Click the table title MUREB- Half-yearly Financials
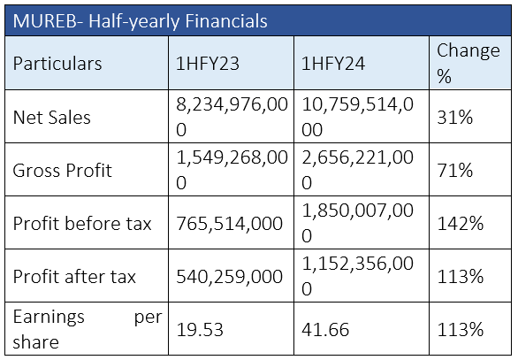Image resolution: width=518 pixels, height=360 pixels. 140,21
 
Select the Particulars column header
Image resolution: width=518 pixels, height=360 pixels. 57,64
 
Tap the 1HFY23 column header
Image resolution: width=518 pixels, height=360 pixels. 208,64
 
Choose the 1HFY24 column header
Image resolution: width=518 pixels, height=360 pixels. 333,64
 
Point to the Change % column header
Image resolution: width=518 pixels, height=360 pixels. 468,63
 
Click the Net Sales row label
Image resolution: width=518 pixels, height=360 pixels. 51,118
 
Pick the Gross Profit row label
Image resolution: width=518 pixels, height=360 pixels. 63,171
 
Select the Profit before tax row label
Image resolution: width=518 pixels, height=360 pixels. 82,224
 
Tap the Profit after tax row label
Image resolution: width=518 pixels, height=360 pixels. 74,277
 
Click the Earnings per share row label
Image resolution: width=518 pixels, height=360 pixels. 88,329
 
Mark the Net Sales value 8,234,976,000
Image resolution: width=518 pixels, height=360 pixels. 232,117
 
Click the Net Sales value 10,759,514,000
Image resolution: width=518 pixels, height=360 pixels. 357,117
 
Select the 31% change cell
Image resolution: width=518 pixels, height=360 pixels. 455,118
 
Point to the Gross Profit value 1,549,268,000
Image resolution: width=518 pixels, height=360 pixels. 232,170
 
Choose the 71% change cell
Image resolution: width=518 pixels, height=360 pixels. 455,171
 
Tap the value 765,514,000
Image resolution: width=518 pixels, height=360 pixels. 229,224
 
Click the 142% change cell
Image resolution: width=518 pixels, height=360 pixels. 461,224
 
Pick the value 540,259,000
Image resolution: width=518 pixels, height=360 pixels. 229,277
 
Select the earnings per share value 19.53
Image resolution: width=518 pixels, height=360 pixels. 200,330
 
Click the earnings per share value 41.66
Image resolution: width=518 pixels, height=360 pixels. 325,330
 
